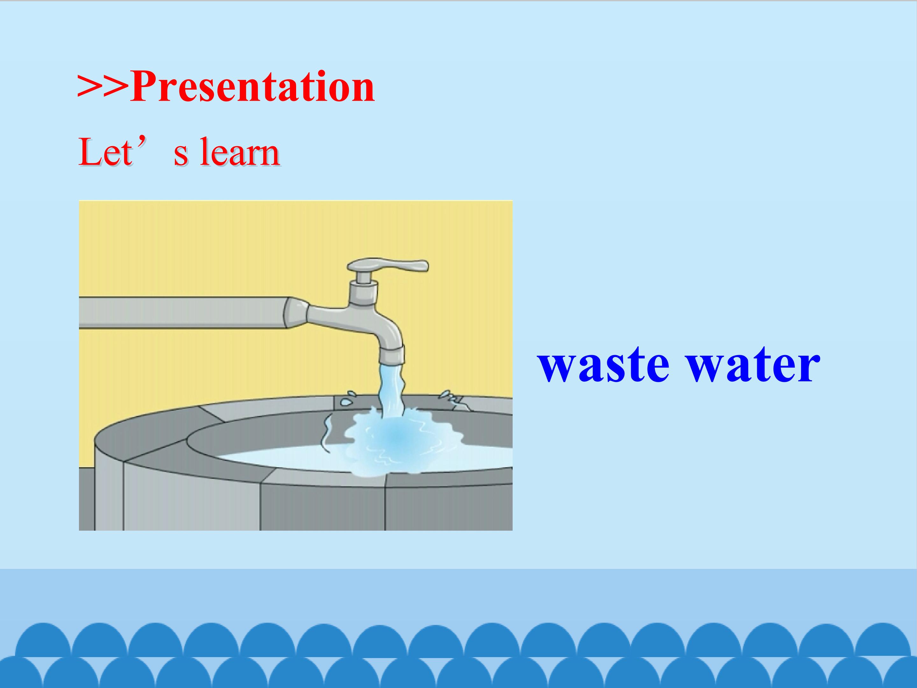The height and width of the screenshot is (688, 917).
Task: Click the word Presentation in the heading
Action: pos(252,87)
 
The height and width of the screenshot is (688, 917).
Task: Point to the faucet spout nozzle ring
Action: pos(392,355)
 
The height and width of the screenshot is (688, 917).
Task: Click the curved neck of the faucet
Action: pos(373,328)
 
